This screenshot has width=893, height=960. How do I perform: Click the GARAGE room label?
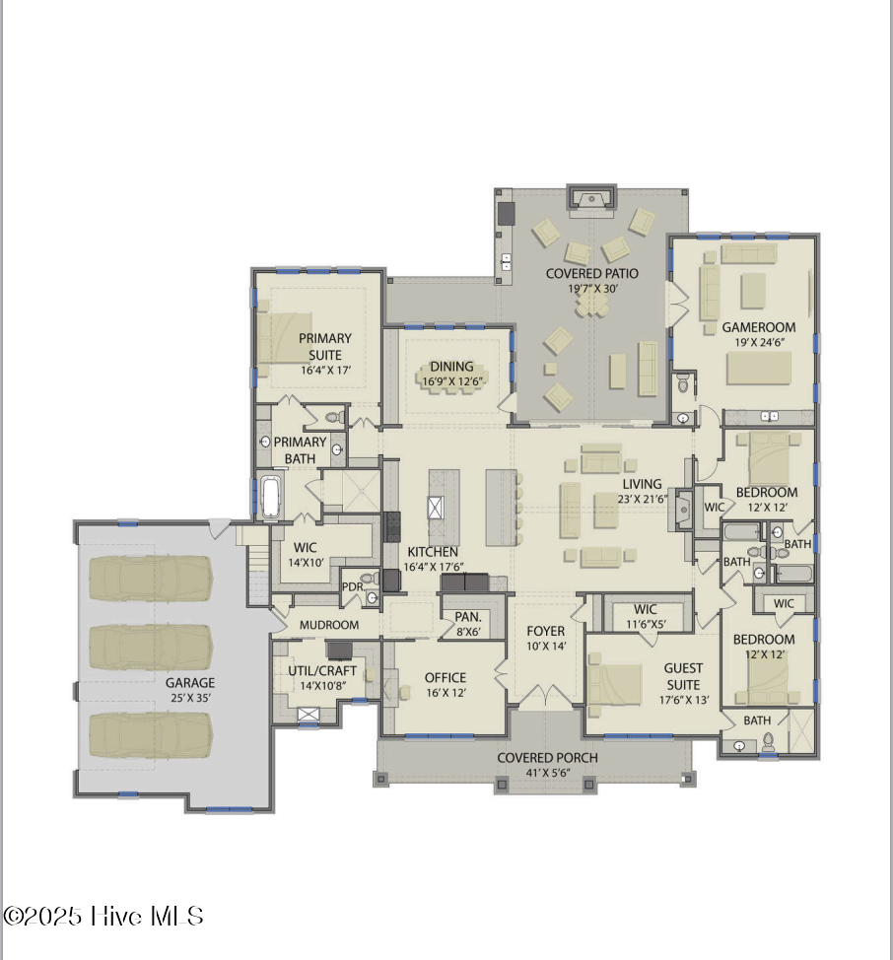[190, 682]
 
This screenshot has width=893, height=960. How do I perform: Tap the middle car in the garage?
[151, 648]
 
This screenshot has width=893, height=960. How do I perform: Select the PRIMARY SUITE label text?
[325, 346]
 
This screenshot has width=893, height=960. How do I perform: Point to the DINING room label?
[450, 367]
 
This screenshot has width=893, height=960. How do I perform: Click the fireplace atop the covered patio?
[591, 199]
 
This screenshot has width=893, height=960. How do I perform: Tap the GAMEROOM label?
[758, 327]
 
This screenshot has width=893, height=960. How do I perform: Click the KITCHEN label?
[433, 552]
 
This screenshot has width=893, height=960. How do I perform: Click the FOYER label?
[546, 631]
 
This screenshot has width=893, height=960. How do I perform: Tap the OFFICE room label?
[445, 678]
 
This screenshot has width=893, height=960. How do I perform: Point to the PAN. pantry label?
[467, 617]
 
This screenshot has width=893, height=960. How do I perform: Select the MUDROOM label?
[328, 625]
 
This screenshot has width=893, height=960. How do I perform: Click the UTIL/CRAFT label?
[322, 671]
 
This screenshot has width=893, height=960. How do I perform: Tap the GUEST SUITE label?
[682, 676]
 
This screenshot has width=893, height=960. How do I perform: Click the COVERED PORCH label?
[546, 758]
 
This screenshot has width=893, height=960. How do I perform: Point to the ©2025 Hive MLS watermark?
[103, 916]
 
